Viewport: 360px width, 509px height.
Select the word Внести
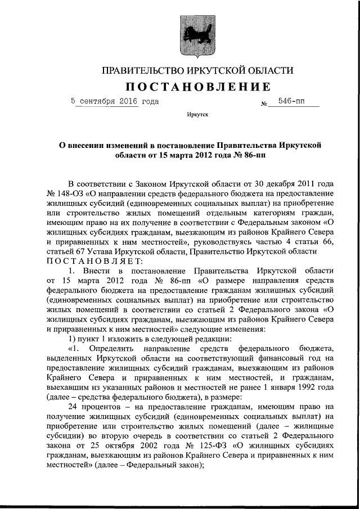click(x=99, y=271)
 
